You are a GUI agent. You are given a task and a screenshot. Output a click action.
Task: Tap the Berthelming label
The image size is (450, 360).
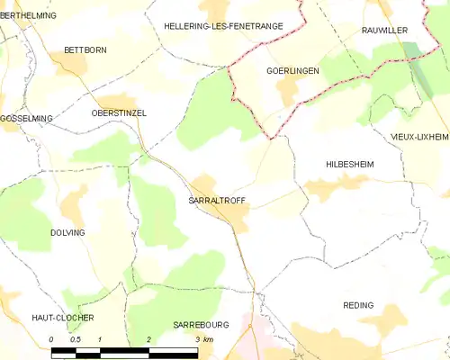click(28, 16)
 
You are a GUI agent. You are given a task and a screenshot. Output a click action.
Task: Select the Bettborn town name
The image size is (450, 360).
click(85, 49)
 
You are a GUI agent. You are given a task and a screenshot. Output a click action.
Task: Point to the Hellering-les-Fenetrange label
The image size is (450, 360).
click(223, 27)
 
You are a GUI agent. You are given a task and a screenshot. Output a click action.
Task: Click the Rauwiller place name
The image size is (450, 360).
click(384, 30)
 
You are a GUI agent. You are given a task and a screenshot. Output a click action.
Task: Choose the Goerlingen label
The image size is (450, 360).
click(293, 69)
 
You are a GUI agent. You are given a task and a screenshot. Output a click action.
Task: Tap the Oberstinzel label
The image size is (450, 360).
click(119, 112)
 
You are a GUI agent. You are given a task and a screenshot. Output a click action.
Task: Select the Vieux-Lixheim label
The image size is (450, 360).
click(419, 136)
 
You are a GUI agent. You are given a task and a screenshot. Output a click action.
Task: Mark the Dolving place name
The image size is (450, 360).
click(67, 232)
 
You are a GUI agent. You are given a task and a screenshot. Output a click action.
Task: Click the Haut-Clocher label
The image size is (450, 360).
click(63, 318)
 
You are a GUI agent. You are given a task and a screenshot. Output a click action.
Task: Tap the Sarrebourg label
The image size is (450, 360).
click(202, 324)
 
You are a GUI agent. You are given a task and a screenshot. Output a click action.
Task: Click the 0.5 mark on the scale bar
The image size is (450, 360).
click(76, 339)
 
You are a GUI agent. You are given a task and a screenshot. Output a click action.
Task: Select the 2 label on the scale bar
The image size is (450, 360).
click(148, 339)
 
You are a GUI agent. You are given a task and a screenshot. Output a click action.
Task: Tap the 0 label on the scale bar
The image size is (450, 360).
click(51, 339)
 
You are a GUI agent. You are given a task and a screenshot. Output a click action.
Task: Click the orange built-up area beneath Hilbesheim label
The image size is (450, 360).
click(329, 188)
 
